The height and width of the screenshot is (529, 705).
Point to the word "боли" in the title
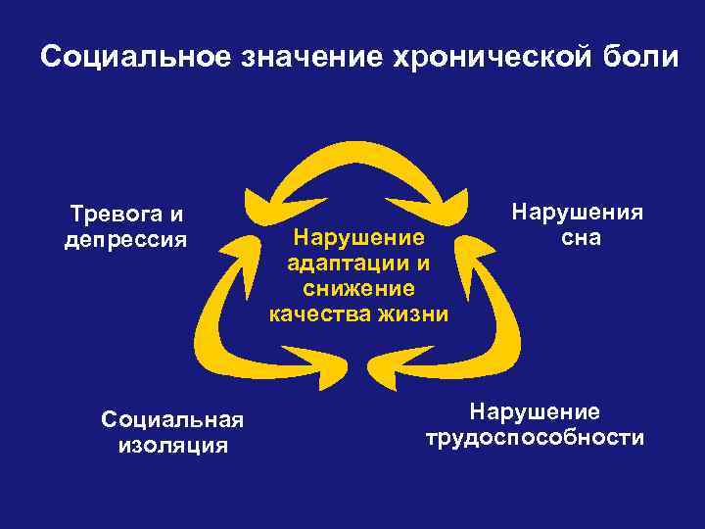(x=639, y=58)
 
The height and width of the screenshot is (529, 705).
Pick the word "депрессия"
(x=124, y=239)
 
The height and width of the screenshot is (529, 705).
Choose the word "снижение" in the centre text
(x=358, y=288)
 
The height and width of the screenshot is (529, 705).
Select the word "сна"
(x=581, y=238)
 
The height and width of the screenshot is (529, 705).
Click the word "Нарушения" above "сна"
(x=579, y=213)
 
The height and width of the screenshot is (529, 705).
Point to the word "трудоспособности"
(x=535, y=437)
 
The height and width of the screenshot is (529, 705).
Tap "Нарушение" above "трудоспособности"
(x=535, y=411)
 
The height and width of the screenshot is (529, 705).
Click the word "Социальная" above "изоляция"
(x=171, y=420)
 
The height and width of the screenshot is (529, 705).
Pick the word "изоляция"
(x=172, y=446)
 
